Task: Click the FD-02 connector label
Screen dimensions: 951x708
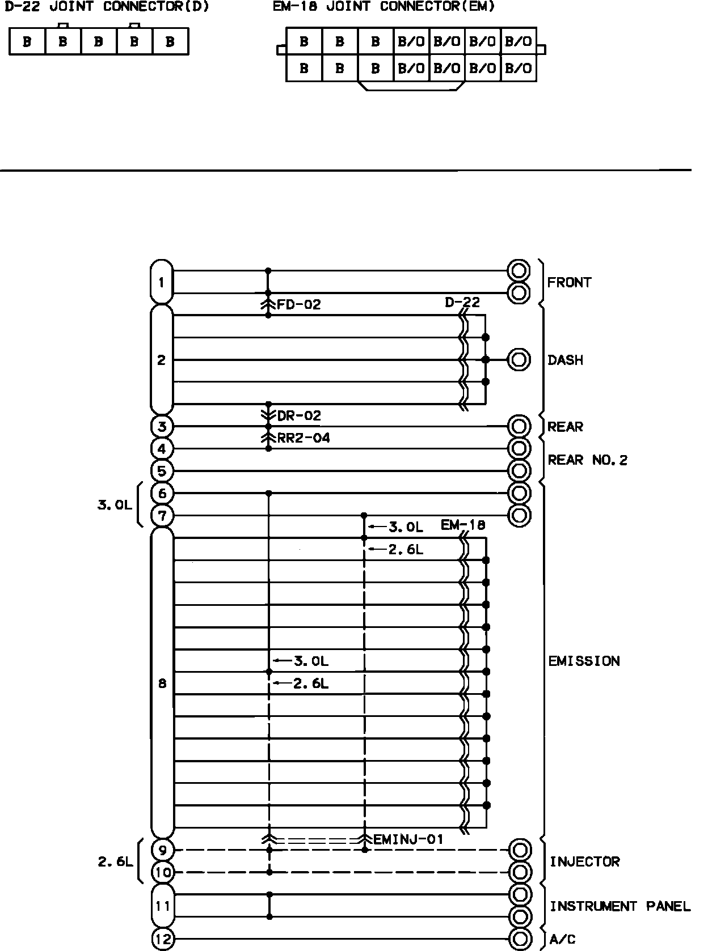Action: click(x=298, y=305)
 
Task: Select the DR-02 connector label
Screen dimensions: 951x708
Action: click(x=298, y=415)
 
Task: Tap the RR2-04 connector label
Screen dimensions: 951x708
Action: click(x=303, y=438)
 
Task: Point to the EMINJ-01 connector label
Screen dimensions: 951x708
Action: click(x=408, y=839)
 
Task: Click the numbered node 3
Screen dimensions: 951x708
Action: click(x=162, y=426)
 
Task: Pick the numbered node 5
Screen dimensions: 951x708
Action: click(x=162, y=471)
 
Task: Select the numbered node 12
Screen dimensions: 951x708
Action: click(x=163, y=939)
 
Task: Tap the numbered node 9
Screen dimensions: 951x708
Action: click(x=163, y=850)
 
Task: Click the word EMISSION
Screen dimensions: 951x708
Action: click(x=584, y=661)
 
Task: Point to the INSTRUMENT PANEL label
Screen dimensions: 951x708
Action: click(x=620, y=906)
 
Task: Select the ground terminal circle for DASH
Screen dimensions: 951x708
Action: click(x=519, y=360)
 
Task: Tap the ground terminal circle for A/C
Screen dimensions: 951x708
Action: click(x=520, y=939)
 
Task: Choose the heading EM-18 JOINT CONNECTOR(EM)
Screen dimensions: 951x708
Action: click(x=384, y=7)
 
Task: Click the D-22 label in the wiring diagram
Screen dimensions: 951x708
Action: click(x=462, y=302)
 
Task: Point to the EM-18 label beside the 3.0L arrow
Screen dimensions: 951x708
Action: click(x=463, y=525)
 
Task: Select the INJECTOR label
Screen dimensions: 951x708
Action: click(x=584, y=861)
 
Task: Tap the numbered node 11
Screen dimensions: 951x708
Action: click(x=163, y=906)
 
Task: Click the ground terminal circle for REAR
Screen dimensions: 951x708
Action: click(x=519, y=426)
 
